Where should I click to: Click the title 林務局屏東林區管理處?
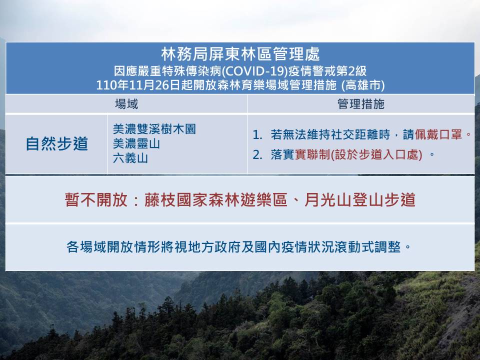coord(240,54)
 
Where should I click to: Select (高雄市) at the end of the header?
coord(363,85)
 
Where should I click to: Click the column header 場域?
coord(126,104)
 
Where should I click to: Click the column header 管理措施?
coord(361,104)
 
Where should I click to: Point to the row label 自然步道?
coord(57,144)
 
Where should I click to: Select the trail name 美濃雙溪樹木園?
coord(154,129)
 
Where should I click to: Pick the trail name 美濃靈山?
coord(136,143)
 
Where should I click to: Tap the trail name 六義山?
coord(130,158)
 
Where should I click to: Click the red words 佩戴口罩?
coord(438,134)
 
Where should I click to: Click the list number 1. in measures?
coord(257,134)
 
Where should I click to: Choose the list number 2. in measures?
coord(257,154)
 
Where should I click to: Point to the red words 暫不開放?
coord(96,200)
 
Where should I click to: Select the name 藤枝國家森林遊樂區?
coord(215,200)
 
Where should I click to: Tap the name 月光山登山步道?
coord(359,200)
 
